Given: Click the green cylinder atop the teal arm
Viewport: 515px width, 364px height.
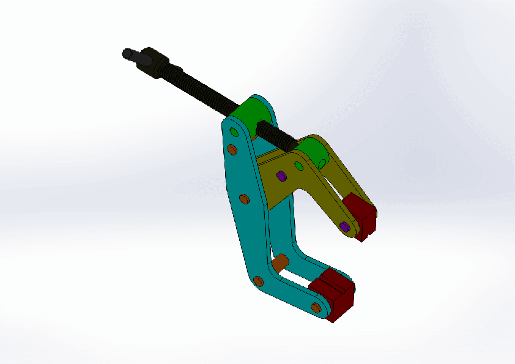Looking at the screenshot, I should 251,114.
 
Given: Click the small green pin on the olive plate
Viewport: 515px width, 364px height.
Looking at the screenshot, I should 299,166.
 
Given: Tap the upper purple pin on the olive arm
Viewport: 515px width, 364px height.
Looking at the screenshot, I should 281,176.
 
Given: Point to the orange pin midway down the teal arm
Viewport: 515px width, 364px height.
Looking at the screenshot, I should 243,199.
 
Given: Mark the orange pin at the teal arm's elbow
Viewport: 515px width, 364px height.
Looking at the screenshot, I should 258,281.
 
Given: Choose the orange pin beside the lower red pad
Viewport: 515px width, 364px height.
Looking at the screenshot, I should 316,307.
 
